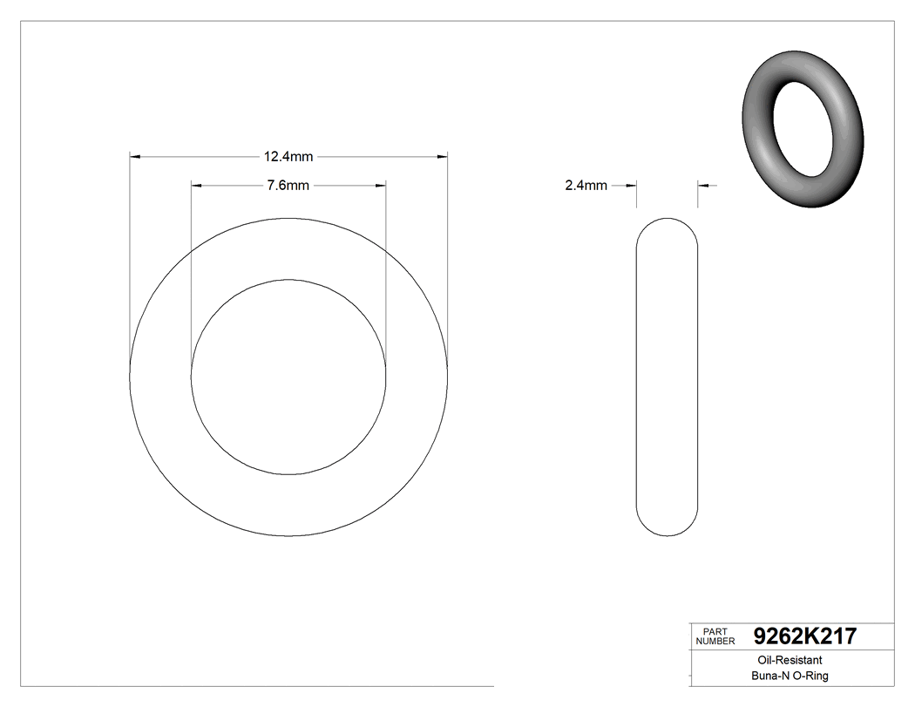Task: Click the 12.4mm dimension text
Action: (x=288, y=157)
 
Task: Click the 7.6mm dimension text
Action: (x=288, y=186)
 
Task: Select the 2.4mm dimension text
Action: (x=586, y=186)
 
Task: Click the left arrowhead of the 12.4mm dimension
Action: (x=135, y=157)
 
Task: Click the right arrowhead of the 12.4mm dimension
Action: (x=442, y=157)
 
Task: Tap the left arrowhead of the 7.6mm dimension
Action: (x=196, y=186)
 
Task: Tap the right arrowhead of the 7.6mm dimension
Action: (x=381, y=186)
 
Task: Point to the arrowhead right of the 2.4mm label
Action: (x=633, y=186)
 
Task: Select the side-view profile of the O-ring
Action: (x=668, y=376)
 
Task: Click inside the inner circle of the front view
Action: (x=288, y=377)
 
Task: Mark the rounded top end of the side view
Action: (x=668, y=224)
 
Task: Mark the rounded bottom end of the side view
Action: (x=668, y=528)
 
